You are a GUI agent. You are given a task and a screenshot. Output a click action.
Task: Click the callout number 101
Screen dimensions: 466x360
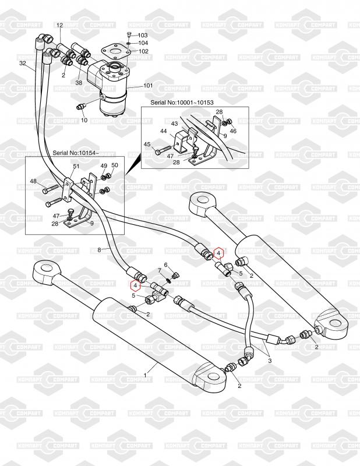pyautogui.click(x=148, y=86)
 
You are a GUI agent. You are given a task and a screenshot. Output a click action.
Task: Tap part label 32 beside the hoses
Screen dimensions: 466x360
pyautogui.click(x=23, y=63)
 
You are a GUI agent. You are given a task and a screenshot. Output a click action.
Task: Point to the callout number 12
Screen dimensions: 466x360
pyautogui.click(x=59, y=25)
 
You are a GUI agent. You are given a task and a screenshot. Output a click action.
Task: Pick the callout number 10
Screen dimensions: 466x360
pyautogui.click(x=84, y=120)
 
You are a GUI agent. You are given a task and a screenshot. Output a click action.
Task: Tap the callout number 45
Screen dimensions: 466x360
pyautogui.click(x=147, y=144)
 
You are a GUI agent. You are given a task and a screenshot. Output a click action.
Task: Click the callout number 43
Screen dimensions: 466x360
pyautogui.click(x=174, y=123)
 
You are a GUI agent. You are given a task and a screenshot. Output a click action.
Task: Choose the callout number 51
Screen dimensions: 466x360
pyautogui.click(x=76, y=166)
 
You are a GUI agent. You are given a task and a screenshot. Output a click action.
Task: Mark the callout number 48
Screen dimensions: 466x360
pyautogui.click(x=33, y=181)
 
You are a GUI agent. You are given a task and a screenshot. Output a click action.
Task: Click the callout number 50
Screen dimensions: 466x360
pyautogui.click(x=114, y=165)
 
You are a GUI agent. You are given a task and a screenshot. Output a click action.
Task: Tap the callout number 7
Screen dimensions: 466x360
pyautogui.click(x=158, y=270)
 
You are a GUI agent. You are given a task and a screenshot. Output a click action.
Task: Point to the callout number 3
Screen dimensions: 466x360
pyautogui.click(x=270, y=361)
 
